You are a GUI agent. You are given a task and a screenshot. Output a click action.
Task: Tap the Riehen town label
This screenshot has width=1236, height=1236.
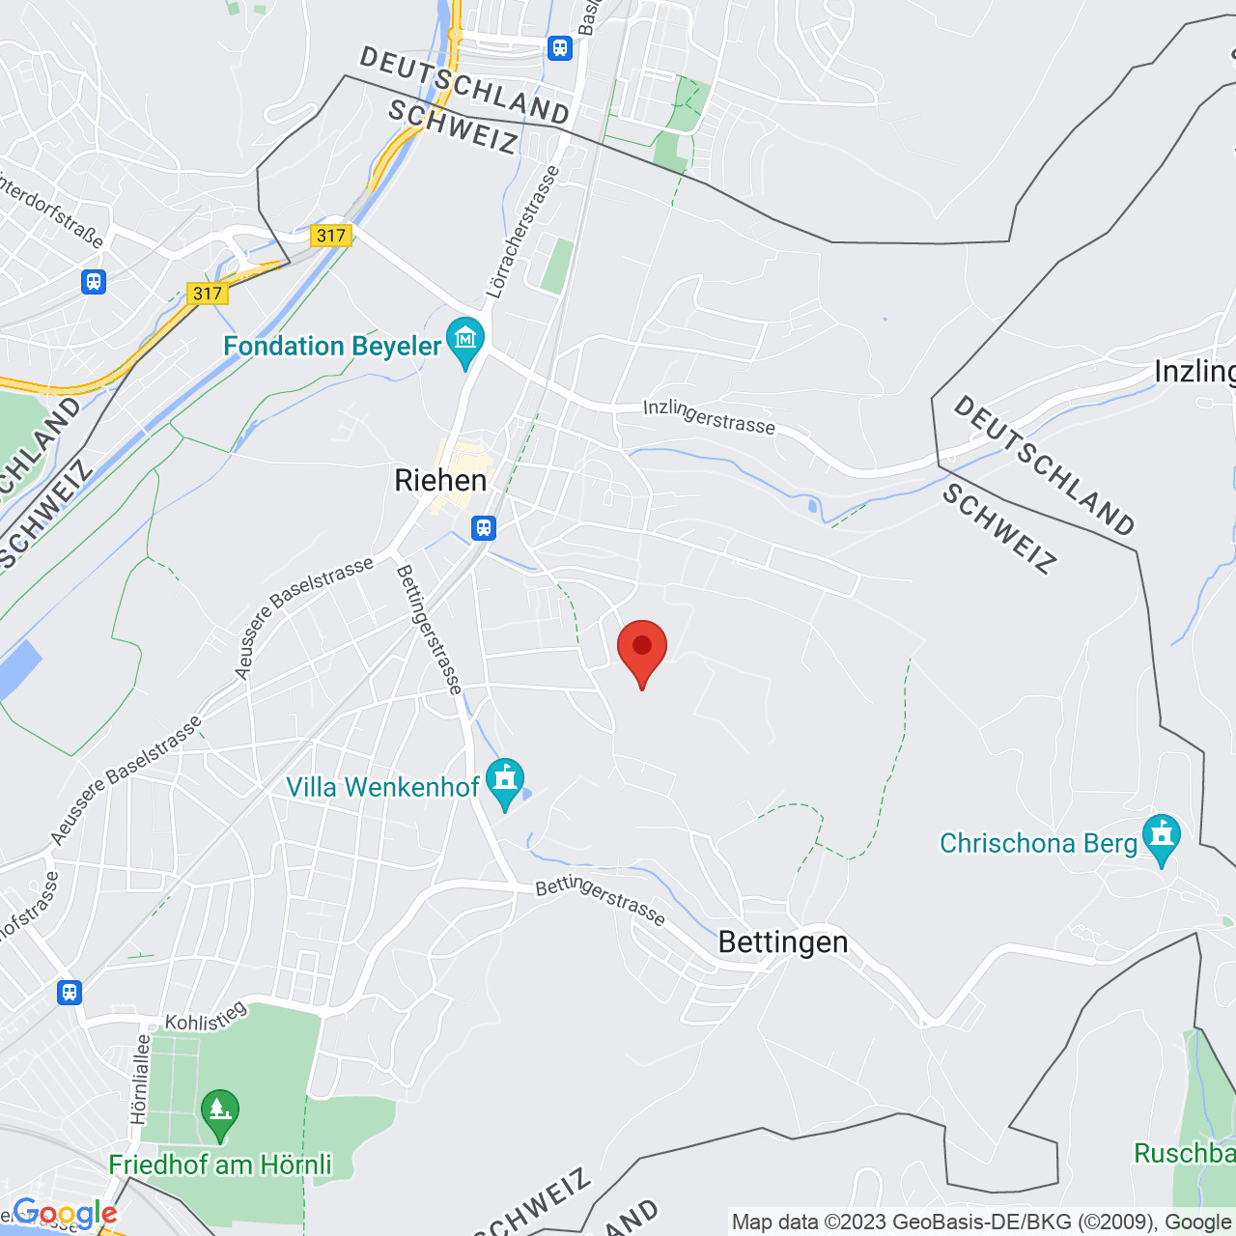point(440,480)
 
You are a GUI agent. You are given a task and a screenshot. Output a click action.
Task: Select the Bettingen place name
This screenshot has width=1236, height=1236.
point(783,941)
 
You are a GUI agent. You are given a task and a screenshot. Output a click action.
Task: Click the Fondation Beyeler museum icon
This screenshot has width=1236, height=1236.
point(465,341)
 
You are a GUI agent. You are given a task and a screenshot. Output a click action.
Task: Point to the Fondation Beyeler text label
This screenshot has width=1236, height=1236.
point(332,346)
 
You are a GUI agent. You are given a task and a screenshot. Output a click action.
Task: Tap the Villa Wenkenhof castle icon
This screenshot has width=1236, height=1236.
point(504,781)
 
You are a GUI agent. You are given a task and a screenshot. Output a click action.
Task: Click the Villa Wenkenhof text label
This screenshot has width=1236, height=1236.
point(382,787)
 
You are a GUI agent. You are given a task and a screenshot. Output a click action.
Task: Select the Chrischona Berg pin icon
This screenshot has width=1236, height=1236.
point(1161,837)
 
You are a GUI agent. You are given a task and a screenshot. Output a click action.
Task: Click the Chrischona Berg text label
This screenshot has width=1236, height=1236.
point(1038,843)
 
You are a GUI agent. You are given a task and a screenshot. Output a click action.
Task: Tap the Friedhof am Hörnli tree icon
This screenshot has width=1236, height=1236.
point(220,1113)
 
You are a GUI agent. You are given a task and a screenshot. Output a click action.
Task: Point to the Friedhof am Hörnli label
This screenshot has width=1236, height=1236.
point(220,1165)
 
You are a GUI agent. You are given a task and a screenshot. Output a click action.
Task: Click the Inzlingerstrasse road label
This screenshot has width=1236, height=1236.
point(709,417)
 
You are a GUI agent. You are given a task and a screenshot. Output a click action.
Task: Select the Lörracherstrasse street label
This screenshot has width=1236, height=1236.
point(522,233)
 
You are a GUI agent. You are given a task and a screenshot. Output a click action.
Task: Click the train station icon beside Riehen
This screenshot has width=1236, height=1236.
point(484,528)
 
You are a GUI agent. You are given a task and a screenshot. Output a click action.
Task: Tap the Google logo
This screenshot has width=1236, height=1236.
point(65,1214)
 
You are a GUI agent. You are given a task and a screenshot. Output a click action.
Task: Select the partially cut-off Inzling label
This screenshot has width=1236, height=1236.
point(1195,372)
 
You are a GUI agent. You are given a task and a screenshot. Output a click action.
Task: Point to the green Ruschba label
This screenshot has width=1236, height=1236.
point(1184,1153)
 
